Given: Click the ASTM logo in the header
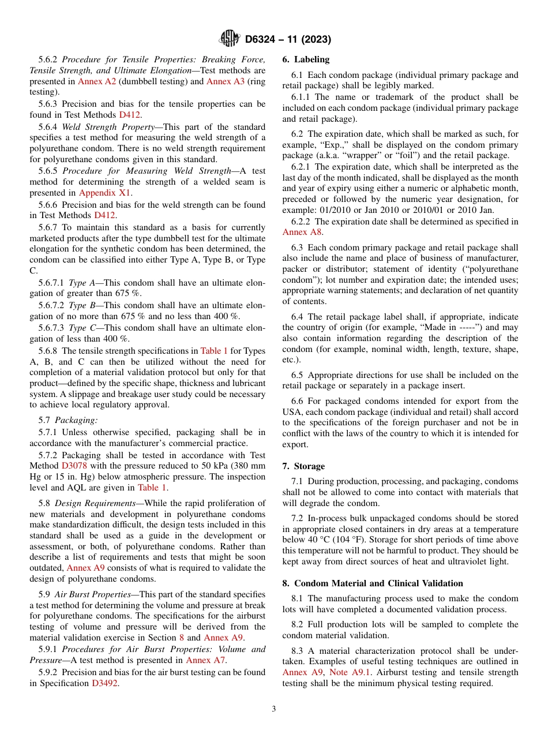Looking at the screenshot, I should [x=229, y=39].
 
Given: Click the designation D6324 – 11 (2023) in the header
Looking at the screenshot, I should [x=287, y=39].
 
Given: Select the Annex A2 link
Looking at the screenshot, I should [x=97, y=81].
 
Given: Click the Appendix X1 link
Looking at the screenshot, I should [x=105, y=193].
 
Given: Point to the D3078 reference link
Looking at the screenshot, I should [x=74, y=466].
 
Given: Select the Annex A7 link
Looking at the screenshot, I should [x=205, y=660].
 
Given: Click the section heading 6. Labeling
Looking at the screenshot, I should [x=306, y=59].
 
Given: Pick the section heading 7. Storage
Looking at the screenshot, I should [x=303, y=466].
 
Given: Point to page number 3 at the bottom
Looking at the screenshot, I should [x=274, y=709].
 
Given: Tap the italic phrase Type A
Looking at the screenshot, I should [x=78, y=283].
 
